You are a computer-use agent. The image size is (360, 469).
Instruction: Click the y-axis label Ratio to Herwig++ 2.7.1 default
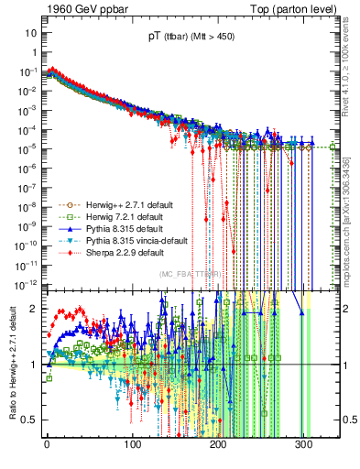pyautogui.click(x=11, y=364)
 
